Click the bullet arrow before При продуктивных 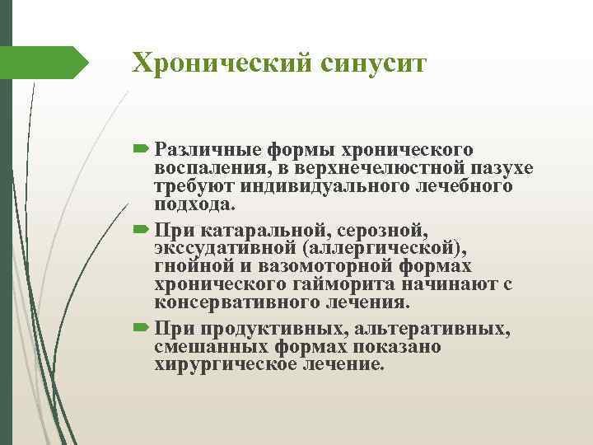click(140, 330)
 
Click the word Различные click(206, 151)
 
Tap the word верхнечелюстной click(359, 169)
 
